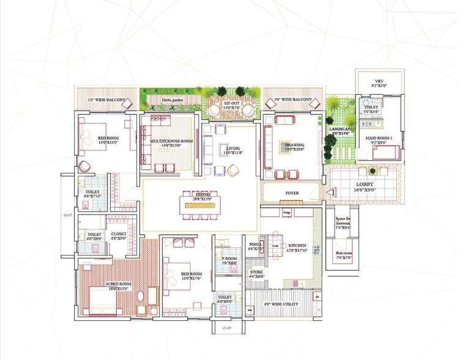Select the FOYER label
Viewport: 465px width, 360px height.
[292, 193]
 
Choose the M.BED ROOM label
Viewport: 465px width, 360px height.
[117, 284]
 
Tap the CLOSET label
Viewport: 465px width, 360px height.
[118, 234]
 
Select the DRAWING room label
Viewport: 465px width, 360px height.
[294, 145]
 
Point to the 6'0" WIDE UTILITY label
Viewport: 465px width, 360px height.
[283, 304]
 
